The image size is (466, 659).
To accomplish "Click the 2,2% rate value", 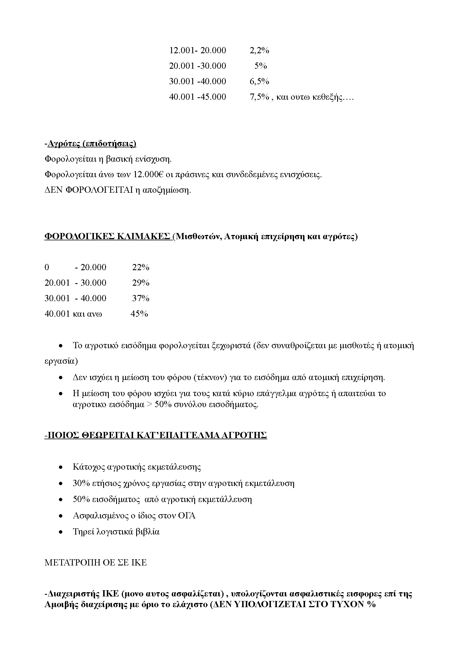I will coord(259,50).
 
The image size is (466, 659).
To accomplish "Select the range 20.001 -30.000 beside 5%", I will coord(198,66).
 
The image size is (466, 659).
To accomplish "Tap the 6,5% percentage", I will coord(259,81).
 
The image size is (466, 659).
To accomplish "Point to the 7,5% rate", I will coord(259,97).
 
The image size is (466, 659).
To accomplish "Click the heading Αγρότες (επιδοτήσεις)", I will coord(92,143).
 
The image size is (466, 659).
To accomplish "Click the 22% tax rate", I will coord(141,267).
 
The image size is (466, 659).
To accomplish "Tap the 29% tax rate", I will coord(141,283).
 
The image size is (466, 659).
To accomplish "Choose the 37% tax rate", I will coord(141,298).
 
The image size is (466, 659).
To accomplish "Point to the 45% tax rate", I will coord(139,314).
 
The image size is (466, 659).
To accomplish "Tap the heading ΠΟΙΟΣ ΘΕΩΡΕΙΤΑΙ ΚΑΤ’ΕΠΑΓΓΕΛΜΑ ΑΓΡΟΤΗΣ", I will coord(156,435).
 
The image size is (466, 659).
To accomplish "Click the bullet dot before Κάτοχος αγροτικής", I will coord(61,467).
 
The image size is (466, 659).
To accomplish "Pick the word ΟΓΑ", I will coord(187,516).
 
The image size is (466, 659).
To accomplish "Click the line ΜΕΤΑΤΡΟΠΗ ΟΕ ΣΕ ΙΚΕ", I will coord(96,563).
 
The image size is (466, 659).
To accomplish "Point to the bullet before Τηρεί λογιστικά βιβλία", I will coord(61,532).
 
